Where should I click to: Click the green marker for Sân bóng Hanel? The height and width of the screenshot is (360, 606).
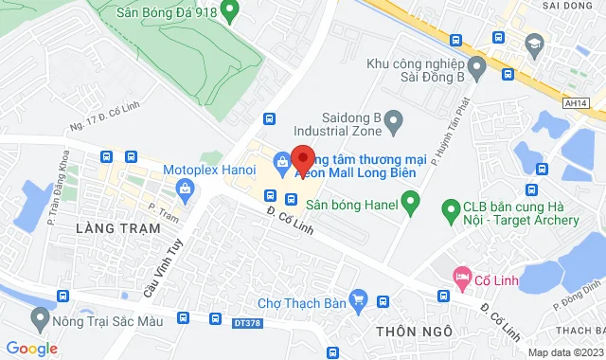point(410,202)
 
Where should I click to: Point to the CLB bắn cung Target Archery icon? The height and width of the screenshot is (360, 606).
point(451,207)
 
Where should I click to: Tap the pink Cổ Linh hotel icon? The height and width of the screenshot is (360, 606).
point(462,279)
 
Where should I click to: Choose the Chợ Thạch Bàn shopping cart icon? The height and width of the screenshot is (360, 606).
point(358,301)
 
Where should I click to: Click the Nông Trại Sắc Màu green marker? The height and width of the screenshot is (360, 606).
point(40,315)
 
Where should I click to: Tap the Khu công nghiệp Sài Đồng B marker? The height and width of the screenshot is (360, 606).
point(476,65)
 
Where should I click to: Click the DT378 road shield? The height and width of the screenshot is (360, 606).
point(243,323)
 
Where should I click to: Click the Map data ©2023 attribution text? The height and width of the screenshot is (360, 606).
point(564,352)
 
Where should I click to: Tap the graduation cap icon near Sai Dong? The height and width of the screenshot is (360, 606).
point(535,44)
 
